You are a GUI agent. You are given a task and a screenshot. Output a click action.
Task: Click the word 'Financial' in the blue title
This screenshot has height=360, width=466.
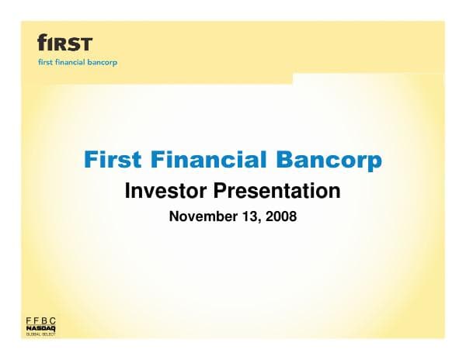click(x=206, y=161)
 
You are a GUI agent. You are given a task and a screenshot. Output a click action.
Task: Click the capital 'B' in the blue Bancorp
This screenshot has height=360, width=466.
click(x=284, y=161)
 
